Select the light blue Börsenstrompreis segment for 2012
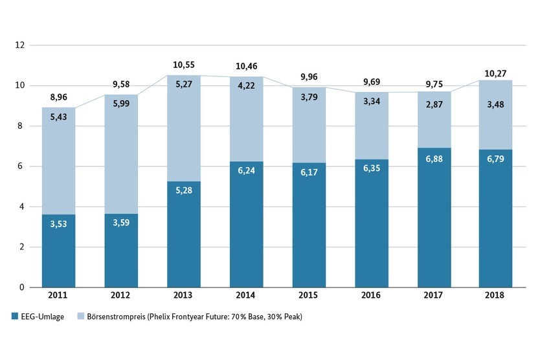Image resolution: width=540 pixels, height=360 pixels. tap(121, 162)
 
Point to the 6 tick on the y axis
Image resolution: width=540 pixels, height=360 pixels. tap(23, 166)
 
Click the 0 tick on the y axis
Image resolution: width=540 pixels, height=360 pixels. tap(23, 287)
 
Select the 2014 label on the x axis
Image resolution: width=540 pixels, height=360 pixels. tap(247, 295)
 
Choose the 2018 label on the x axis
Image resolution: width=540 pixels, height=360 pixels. tap(495, 295)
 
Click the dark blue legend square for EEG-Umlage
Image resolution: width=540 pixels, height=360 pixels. tap(15, 317)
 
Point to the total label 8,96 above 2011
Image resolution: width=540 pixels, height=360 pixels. tap(59, 98)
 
